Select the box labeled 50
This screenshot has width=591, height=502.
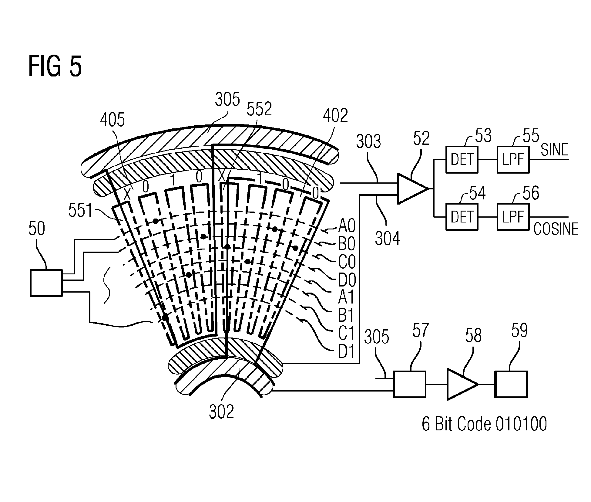pyautogui.click(x=46, y=283)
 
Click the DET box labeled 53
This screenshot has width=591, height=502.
pyautogui.click(x=462, y=160)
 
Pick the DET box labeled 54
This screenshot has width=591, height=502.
pyautogui.click(x=462, y=217)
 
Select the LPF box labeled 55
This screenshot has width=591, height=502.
pyautogui.click(x=513, y=160)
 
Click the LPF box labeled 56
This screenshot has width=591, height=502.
pyautogui.click(x=513, y=217)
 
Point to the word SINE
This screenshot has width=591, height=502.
pyautogui.click(x=554, y=150)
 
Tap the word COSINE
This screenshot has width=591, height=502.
pyautogui.click(x=556, y=229)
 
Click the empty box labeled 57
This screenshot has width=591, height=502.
pyautogui.click(x=409, y=384)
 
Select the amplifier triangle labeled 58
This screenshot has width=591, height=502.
pyautogui.click(x=460, y=384)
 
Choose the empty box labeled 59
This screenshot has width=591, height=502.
pyautogui.click(x=511, y=384)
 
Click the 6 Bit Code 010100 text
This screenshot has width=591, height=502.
pyautogui.click(x=484, y=424)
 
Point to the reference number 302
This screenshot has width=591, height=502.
pyautogui.click(x=221, y=412)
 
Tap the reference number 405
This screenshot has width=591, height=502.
pyautogui.click(x=112, y=120)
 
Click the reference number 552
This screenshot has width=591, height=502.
pyautogui.click(x=259, y=109)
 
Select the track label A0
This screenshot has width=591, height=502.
pyautogui.click(x=347, y=226)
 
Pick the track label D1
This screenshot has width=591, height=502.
pyautogui.click(x=346, y=351)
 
